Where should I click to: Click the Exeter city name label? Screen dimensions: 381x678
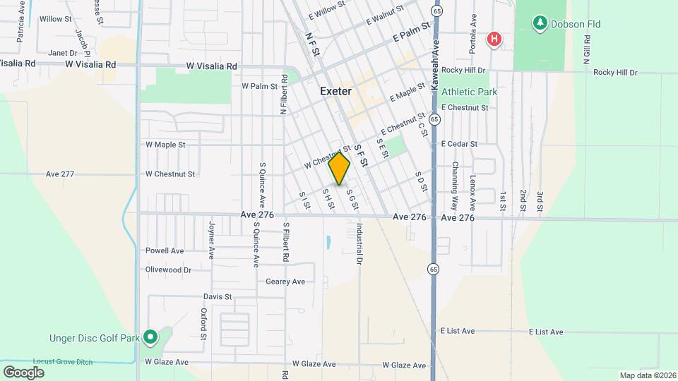pos(335,91)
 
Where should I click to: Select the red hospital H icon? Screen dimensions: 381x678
pos(495,39)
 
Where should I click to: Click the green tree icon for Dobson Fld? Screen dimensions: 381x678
pos(540,24)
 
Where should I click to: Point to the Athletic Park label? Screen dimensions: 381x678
pos(469,92)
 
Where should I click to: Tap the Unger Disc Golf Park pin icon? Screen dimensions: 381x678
pos(150,338)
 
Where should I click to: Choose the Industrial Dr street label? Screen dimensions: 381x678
pos(359,244)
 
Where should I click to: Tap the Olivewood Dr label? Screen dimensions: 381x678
pos(168,270)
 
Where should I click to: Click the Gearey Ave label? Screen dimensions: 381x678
pos(285,282)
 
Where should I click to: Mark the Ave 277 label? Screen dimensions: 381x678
pos(60,174)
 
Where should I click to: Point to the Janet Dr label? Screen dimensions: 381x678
pos(62,53)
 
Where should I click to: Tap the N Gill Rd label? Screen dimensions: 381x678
pos(587,44)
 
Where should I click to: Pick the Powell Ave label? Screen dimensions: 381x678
pos(165,250)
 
